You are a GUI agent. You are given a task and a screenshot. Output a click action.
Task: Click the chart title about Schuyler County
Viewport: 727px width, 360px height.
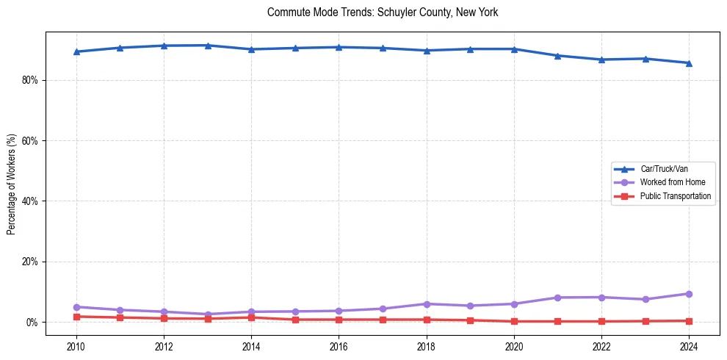[x=383, y=12]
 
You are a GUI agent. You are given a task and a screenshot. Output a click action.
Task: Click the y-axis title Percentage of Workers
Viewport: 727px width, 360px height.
[x=12, y=184]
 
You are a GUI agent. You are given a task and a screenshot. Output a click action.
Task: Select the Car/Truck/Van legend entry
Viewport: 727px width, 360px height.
[x=664, y=169]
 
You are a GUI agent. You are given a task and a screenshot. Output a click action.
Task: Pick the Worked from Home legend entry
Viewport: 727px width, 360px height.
[x=668, y=182]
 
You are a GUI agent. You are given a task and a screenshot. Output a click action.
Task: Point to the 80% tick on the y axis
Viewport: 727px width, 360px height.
[x=29, y=80]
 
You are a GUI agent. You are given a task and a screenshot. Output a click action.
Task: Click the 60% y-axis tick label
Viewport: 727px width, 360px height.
[x=29, y=140]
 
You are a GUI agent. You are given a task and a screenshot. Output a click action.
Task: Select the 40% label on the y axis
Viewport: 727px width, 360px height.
[x=29, y=201]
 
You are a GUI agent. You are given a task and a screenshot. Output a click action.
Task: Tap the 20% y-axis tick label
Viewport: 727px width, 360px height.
[x=29, y=262]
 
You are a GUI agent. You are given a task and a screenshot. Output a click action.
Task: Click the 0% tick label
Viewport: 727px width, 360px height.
[x=32, y=323]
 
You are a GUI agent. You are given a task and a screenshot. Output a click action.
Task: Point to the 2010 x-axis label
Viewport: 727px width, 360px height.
[x=76, y=346]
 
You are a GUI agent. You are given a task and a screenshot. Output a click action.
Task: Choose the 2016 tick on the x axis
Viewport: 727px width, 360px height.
[x=339, y=346]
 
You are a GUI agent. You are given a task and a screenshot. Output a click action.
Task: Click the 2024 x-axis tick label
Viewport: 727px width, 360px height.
[x=689, y=346]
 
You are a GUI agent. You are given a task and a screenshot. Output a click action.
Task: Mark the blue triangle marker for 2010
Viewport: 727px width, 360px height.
[x=76, y=51]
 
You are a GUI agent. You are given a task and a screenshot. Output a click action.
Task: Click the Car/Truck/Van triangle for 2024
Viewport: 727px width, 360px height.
[x=689, y=62]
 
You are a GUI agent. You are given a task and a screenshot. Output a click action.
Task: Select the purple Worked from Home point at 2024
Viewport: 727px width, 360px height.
[x=689, y=294]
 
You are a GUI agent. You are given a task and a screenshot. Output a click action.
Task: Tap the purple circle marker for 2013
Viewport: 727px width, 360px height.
[x=208, y=314]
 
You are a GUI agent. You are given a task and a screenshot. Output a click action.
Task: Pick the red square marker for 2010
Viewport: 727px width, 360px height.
[x=76, y=317]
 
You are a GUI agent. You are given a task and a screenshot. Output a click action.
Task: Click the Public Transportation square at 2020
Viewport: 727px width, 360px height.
[x=514, y=321]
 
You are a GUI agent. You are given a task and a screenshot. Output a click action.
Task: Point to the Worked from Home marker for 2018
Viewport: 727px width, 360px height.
[x=427, y=304]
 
